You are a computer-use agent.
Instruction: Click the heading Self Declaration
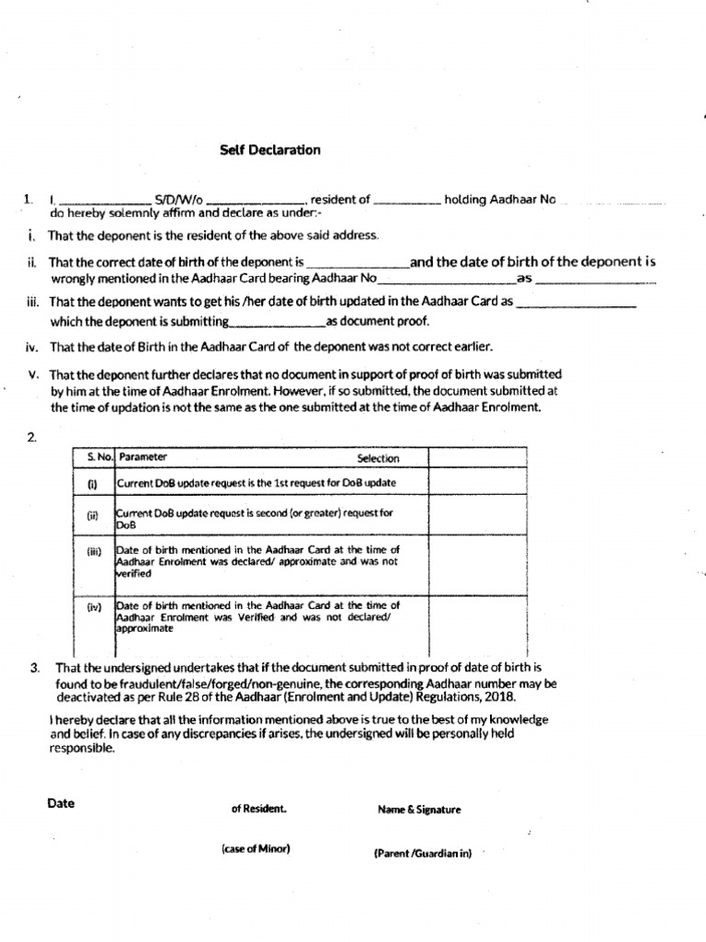coord(270,150)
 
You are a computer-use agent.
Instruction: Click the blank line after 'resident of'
coord(408,200)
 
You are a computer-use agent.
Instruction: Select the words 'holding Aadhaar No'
coord(501,199)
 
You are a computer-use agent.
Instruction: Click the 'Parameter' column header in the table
coord(143,456)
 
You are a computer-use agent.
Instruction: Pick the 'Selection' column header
coord(378,457)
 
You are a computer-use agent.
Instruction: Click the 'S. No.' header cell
coord(94,456)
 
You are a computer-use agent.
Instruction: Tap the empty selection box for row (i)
coord(477,481)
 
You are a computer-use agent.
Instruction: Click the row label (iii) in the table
coord(93,552)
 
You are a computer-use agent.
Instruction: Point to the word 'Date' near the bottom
coord(61,803)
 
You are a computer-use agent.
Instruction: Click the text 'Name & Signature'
coord(419,810)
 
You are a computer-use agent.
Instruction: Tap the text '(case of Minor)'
coord(256,848)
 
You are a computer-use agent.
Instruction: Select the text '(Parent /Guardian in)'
coord(422,853)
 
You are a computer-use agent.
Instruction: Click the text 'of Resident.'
coord(258,810)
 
